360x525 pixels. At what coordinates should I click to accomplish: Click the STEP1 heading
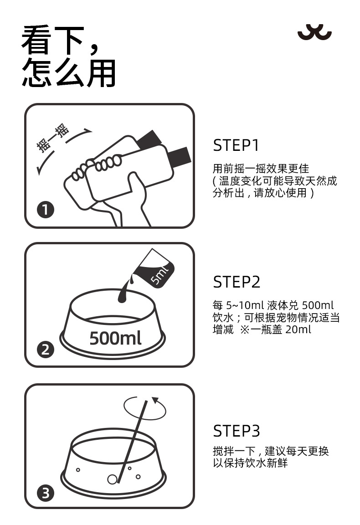pyautogui.click(x=236, y=145)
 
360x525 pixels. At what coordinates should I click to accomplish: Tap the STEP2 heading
pyautogui.click(x=237, y=282)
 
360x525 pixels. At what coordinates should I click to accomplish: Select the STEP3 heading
pyautogui.click(x=237, y=431)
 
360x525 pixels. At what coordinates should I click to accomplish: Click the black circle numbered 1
pyautogui.click(x=45, y=210)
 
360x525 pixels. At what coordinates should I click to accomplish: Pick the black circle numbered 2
pyautogui.click(x=45, y=350)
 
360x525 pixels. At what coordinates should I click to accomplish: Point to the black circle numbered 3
pyautogui.click(x=45, y=493)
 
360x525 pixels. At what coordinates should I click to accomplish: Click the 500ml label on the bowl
pyautogui.click(x=115, y=338)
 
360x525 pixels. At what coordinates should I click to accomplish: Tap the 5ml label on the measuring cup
pyautogui.click(x=160, y=274)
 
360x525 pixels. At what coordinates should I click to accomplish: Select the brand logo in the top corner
pyautogui.click(x=314, y=32)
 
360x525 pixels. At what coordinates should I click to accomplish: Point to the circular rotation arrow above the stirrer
pyautogui.click(x=144, y=408)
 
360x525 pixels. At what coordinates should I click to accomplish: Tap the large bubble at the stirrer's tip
pyautogui.click(x=112, y=479)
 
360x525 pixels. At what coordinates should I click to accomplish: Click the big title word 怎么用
pyautogui.click(x=69, y=72)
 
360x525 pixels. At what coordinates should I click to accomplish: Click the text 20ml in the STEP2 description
pyautogui.click(x=298, y=329)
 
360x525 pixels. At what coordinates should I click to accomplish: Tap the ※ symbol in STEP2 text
pyautogui.click(x=245, y=329)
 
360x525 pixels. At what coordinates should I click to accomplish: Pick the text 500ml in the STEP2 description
pyautogui.click(x=318, y=305)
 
